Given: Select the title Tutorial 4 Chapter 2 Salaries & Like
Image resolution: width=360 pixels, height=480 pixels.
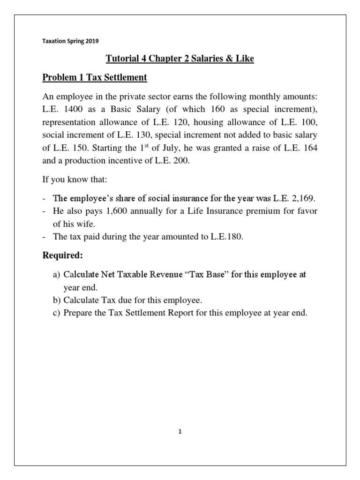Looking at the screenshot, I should (x=180, y=60).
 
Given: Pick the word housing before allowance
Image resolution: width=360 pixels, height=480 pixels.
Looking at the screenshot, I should (x=210, y=122).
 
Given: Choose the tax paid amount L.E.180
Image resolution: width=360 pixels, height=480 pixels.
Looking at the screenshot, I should (x=227, y=237).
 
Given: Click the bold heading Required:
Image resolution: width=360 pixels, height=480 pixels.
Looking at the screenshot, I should (x=63, y=256).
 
